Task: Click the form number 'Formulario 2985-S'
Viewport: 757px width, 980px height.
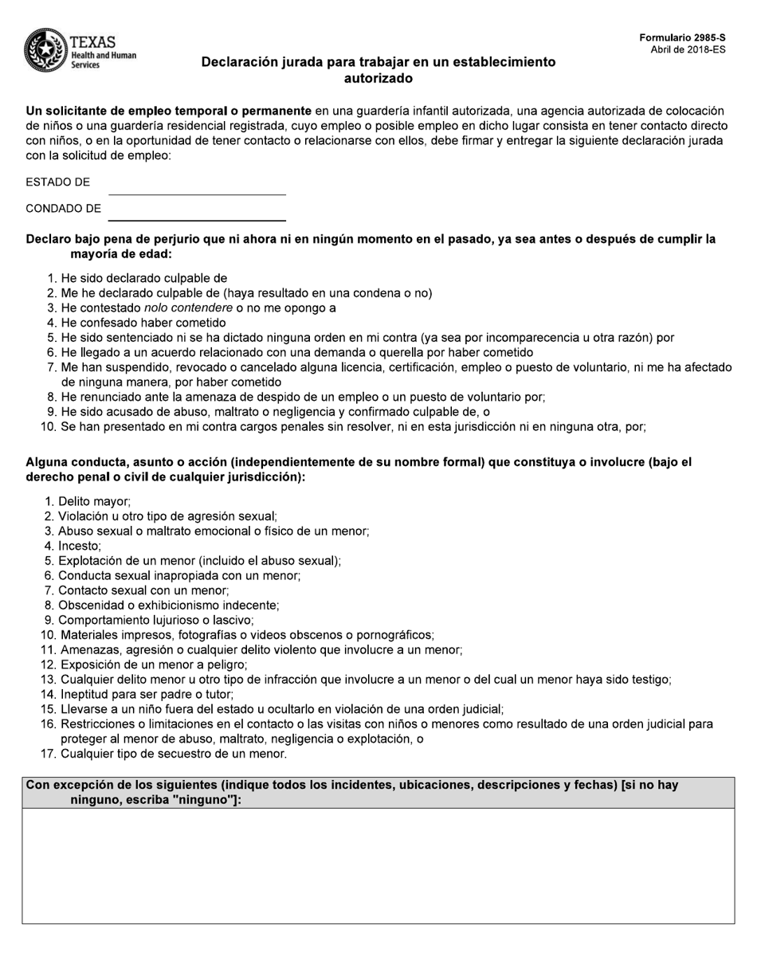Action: pyautogui.click(x=682, y=37)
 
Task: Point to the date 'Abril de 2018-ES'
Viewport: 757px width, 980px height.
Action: pyautogui.click(x=688, y=49)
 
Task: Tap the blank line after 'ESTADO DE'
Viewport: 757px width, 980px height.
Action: pyautogui.click(x=197, y=187)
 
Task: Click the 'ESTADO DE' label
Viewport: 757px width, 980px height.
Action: pyautogui.click(x=57, y=182)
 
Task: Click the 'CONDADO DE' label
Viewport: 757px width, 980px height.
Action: pyautogui.click(x=63, y=209)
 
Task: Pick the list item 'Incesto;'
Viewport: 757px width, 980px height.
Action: pyautogui.click(x=80, y=547)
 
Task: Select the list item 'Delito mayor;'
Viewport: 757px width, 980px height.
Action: pyautogui.click(x=94, y=502)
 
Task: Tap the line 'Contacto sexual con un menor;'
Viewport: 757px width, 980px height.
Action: pyautogui.click(x=143, y=590)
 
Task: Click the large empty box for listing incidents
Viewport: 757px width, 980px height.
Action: pyautogui.click(x=378, y=866)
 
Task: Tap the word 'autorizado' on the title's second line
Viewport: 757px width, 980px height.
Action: pyautogui.click(x=378, y=79)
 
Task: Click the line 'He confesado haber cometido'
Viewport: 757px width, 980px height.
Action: pyautogui.click(x=143, y=323)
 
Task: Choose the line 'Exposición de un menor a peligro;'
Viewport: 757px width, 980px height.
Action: pyautogui.click(x=154, y=664)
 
